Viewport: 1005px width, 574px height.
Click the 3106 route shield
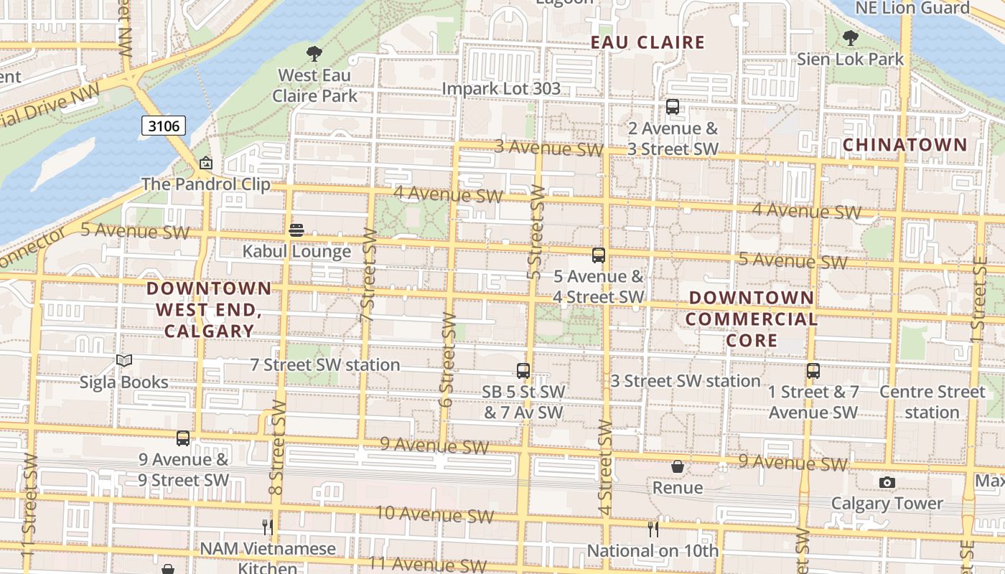coord(164,126)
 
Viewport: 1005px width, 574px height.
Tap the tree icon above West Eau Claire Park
coord(314,53)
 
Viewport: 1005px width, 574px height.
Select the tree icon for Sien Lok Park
coord(851,37)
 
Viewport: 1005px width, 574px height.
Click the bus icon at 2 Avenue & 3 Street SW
coord(673,107)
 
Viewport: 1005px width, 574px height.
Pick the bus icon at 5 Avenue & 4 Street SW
coord(599,255)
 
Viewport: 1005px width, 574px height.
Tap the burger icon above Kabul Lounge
coord(296,230)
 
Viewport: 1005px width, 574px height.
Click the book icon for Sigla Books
coord(124,360)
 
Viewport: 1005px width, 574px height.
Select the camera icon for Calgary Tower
coord(887,482)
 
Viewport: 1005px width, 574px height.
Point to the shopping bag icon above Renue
coord(678,467)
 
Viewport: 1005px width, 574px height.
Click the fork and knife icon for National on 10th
coord(653,530)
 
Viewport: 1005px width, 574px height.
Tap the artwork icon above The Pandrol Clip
coord(206,164)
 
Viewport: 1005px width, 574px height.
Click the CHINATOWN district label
coord(904,144)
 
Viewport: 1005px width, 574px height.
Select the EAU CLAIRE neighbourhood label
coord(648,42)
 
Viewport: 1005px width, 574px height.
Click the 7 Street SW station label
coord(325,364)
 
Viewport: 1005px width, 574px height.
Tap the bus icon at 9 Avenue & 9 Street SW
coord(183,438)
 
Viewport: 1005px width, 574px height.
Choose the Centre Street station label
coord(932,402)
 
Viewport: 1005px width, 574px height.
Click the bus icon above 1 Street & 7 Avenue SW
coord(813,371)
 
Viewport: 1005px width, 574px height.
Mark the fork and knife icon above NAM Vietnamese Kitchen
coord(267,527)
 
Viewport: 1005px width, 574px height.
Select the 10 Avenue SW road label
coord(435,514)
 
